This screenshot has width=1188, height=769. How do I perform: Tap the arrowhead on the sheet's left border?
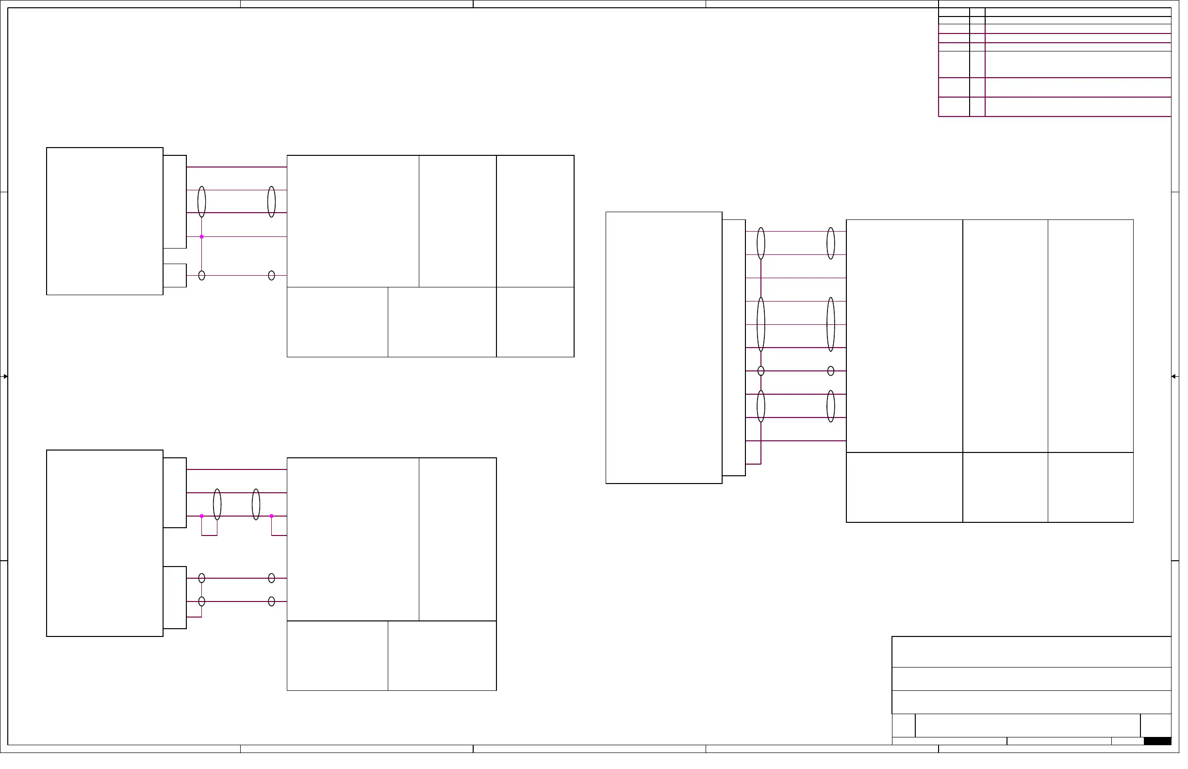click(x=5, y=379)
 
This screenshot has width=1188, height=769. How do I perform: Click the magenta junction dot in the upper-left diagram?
click(x=203, y=238)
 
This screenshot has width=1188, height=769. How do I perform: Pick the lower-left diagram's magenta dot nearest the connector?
click(x=203, y=519)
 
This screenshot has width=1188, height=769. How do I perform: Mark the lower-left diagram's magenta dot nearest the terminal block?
click(x=274, y=519)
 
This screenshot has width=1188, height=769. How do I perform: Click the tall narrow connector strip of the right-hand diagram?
click(x=739, y=350)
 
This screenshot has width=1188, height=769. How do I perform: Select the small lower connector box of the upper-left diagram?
click(x=176, y=277)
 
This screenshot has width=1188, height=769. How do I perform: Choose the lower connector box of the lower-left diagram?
click(x=176, y=602)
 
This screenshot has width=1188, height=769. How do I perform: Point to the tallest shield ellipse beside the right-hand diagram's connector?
click(x=766, y=327)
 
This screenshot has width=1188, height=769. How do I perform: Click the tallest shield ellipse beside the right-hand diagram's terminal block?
click(x=837, y=327)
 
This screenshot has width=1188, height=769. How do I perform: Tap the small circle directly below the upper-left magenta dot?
click(x=203, y=277)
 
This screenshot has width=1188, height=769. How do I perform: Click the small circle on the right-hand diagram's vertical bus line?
click(x=766, y=373)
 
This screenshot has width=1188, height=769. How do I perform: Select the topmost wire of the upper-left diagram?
click(x=238, y=168)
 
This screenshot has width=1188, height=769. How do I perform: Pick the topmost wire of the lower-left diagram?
click(x=238, y=473)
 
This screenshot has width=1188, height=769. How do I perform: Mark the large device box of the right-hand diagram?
click(x=668, y=350)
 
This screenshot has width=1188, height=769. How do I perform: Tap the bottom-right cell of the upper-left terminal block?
click(x=539, y=324)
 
